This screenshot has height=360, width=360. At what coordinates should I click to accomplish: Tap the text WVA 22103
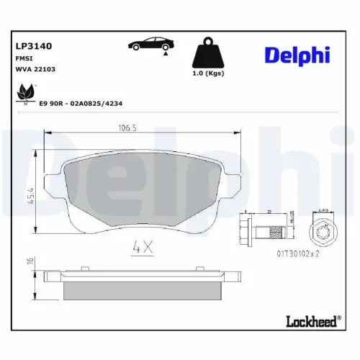[36, 69]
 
